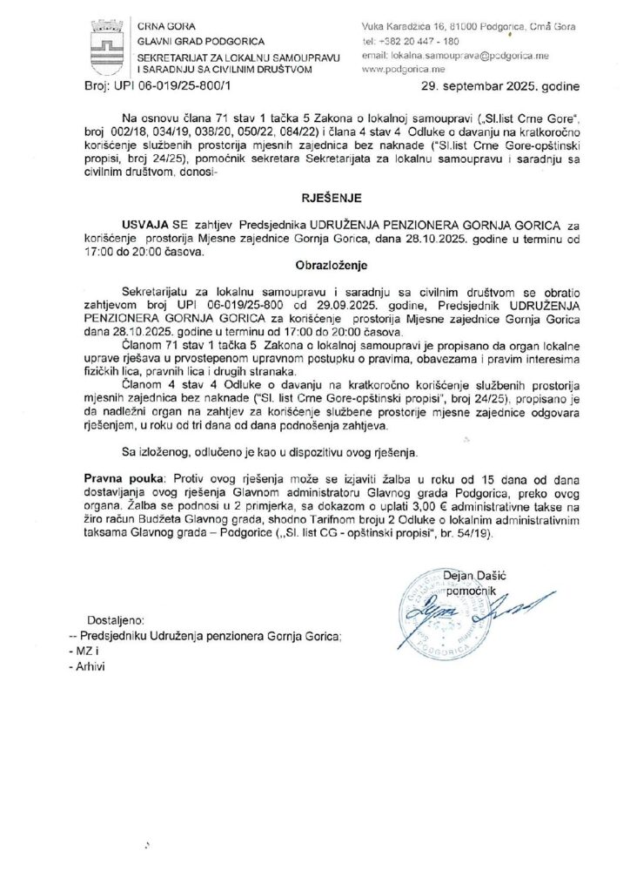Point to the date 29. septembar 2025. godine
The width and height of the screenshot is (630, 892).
[493, 87]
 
